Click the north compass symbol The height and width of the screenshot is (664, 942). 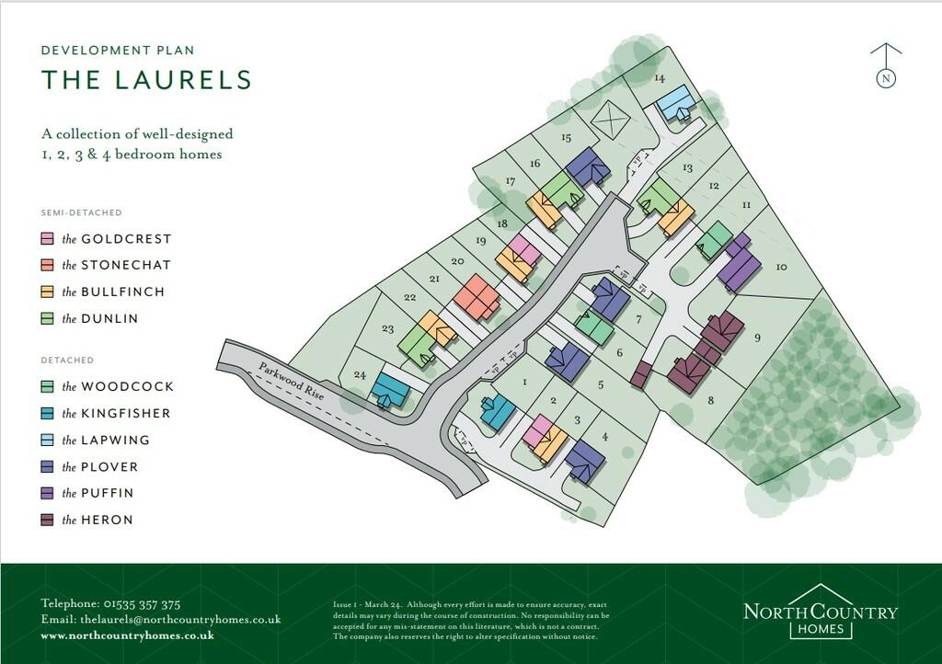pyautogui.click(x=886, y=67)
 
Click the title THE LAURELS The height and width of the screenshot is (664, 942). pyautogui.click(x=146, y=80)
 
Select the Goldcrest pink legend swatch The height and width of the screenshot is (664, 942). pyautogui.click(x=47, y=239)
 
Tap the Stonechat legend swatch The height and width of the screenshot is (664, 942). pyautogui.click(x=47, y=266)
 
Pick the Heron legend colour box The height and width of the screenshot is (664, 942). pyautogui.click(x=47, y=521)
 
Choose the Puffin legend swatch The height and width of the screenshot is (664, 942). pyautogui.click(x=47, y=494)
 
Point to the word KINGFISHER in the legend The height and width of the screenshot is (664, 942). pyautogui.click(x=125, y=414)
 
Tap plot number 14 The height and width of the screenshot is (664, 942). pyautogui.click(x=659, y=79)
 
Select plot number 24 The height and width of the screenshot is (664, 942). pyautogui.click(x=359, y=375)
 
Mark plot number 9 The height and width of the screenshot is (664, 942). pyautogui.click(x=757, y=338)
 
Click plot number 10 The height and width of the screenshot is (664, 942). pyautogui.click(x=781, y=268)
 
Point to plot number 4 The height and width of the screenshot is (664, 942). pyautogui.click(x=604, y=437)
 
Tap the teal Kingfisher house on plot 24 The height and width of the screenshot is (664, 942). pyautogui.click(x=390, y=391)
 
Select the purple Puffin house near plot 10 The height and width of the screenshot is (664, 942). pyautogui.click(x=739, y=268)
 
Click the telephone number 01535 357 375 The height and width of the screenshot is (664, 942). pyautogui.click(x=144, y=604)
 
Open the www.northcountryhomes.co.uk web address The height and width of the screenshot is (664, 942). pyautogui.click(x=128, y=635)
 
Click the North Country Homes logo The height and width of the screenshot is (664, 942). pyautogui.click(x=820, y=612)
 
